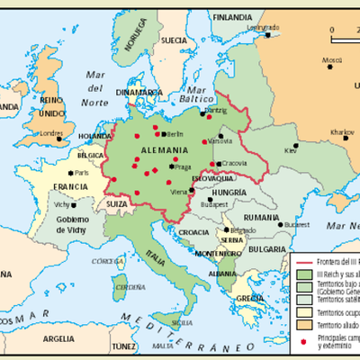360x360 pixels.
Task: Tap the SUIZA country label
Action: [118, 204]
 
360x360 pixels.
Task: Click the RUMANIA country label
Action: [261, 217]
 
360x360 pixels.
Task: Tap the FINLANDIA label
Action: [232, 17]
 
